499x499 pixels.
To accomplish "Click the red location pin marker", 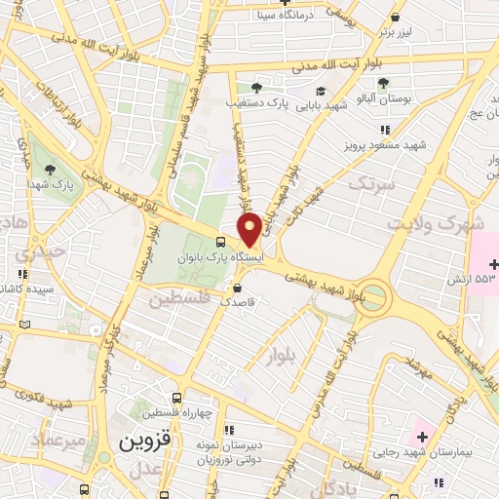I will pyautogui.click(x=249, y=228).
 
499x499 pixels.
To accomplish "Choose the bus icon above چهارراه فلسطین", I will pyautogui.click(x=176, y=399).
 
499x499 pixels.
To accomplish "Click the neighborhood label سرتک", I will pyautogui.click(x=372, y=182).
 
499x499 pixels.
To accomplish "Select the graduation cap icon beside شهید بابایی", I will pyautogui.click(x=320, y=91).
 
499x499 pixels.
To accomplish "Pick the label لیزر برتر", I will pyautogui.click(x=396, y=32).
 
